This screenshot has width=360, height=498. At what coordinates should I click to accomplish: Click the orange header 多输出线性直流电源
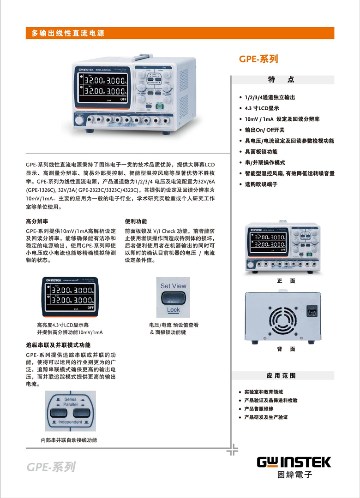pos(68,33)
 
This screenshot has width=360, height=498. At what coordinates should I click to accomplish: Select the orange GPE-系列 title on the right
pos(258,59)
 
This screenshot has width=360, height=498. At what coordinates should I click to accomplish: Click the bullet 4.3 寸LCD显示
pos(262,108)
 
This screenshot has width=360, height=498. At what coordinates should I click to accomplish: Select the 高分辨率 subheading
pos(37,221)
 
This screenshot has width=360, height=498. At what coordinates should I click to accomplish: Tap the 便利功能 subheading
pos(136,221)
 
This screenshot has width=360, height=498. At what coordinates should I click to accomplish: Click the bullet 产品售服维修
pos(258,409)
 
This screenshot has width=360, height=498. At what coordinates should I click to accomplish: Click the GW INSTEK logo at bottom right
pos(294,462)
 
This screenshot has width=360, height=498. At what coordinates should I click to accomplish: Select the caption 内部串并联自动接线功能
pos(69,440)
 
